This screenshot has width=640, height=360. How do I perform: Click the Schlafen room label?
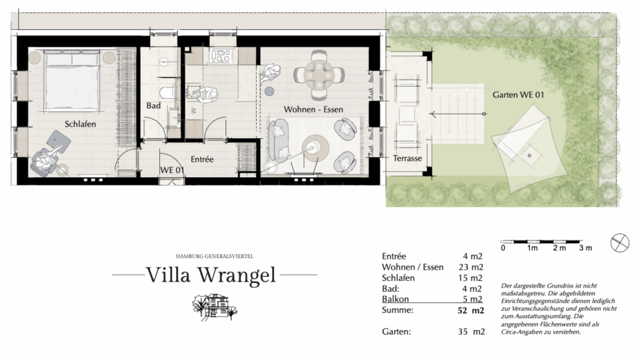point(80,124)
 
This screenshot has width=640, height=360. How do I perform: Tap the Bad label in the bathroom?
point(154,106)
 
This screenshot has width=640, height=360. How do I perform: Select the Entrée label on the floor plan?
point(202,159)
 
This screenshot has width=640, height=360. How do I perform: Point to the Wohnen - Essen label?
point(314,110)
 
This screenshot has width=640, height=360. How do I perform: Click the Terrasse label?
point(407,159)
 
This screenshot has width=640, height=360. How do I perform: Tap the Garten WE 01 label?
point(518,95)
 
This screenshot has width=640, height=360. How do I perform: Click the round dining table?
point(319,75)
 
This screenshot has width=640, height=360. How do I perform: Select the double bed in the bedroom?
point(73,80)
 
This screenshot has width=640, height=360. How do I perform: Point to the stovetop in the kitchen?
point(221,56)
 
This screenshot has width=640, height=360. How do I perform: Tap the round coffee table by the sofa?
point(316,149)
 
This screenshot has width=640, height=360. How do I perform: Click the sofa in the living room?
point(279,139)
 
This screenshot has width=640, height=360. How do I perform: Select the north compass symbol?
point(619,243)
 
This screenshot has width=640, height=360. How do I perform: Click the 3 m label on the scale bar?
point(585,248)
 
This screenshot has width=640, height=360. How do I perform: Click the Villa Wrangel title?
point(211,275)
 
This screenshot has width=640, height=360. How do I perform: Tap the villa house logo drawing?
point(214,306)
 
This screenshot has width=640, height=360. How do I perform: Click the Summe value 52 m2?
point(471,311)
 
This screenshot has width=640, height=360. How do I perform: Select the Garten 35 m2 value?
point(471,332)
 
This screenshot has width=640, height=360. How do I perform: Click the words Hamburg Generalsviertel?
point(215,256)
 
